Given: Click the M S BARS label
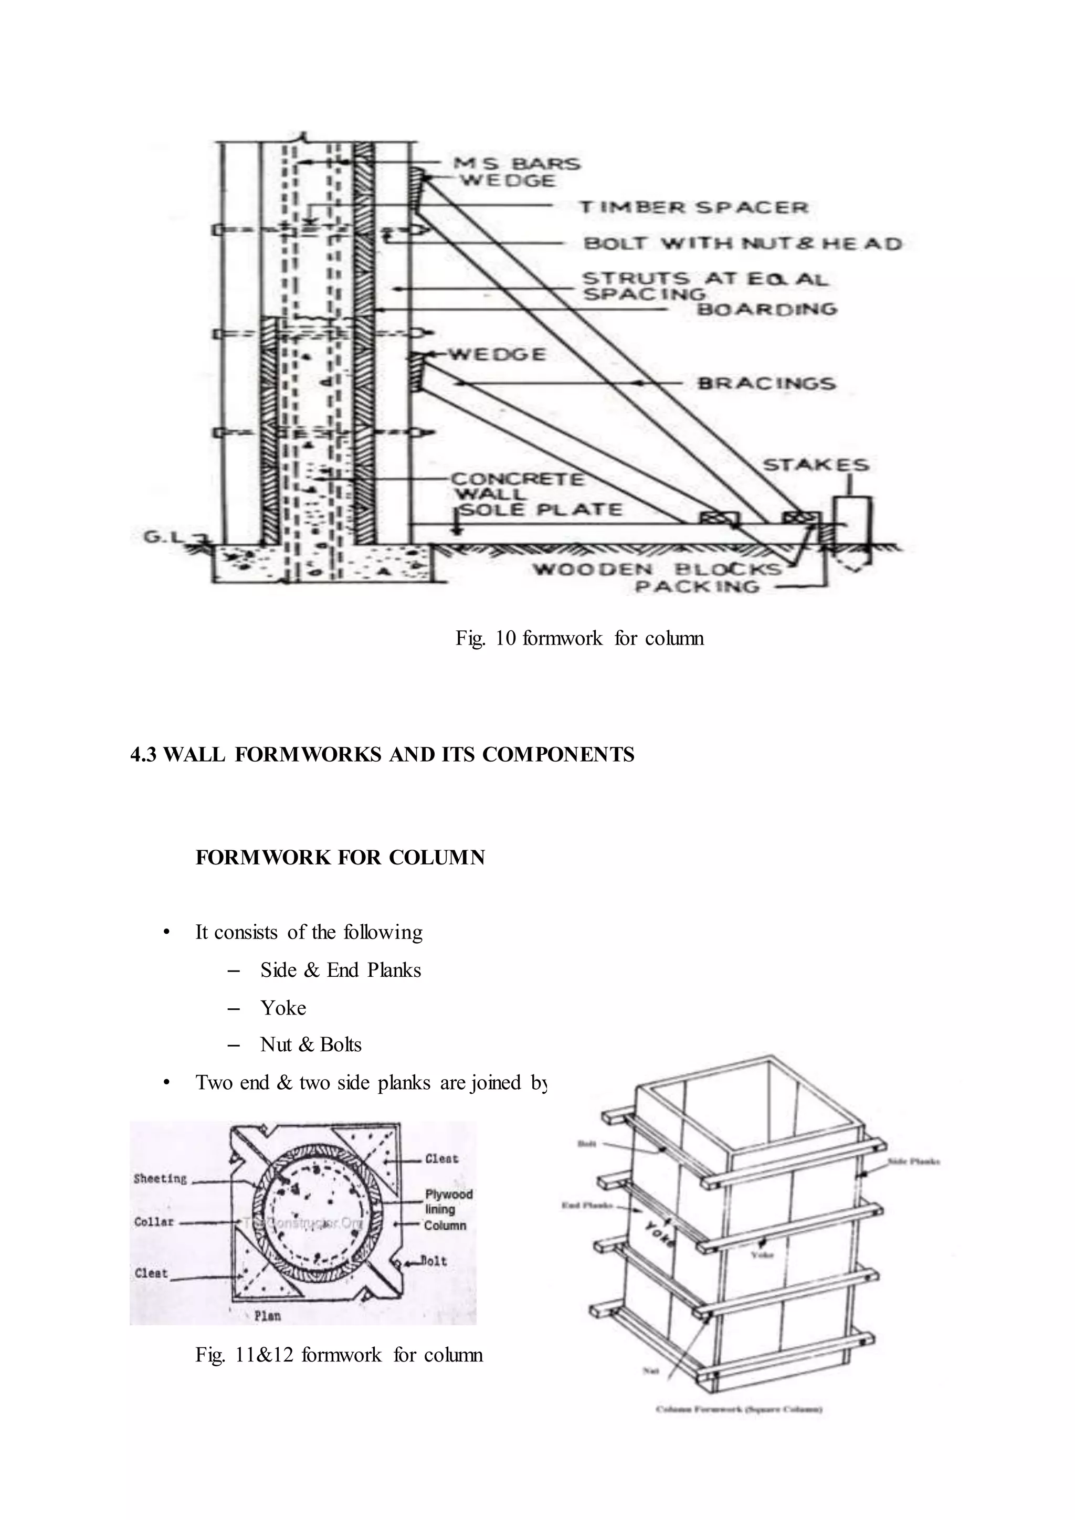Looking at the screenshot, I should [x=517, y=163].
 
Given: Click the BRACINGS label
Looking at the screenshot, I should [x=766, y=383].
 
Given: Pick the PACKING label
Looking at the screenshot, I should [x=697, y=587].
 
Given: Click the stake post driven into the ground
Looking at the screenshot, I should [x=852, y=523].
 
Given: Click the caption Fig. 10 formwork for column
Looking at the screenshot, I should [x=579, y=638].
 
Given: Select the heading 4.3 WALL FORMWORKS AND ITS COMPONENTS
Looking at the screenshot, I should [x=382, y=755].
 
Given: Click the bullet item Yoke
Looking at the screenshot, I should [x=282, y=1008].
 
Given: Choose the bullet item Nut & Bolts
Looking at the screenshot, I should [x=310, y=1044].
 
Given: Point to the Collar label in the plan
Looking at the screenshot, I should [x=154, y=1221].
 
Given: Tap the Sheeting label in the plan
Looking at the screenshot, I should [x=160, y=1178].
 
